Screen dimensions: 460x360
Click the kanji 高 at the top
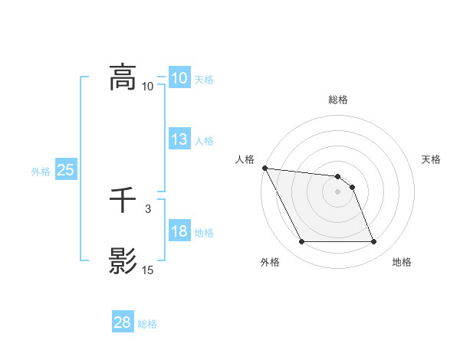click(123, 77)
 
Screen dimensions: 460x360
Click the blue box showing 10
click(179, 78)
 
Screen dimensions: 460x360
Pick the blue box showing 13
click(179, 139)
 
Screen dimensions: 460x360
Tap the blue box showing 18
click(179, 231)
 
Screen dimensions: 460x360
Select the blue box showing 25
click(65, 170)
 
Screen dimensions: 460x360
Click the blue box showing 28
click(123, 322)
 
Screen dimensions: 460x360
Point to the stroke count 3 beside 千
click(147, 208)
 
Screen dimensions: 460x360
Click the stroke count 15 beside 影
click(147, 270)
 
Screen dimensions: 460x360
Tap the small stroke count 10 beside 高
click(147, 87)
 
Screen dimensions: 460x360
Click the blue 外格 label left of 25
click(41, 172)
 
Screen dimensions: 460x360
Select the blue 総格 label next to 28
click(147, 324)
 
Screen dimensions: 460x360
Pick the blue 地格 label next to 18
click(204, 233)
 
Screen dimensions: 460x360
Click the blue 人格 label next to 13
click(204, 141)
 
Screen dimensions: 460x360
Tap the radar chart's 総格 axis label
click(338, 100)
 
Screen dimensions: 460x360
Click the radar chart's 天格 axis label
click(432, 159)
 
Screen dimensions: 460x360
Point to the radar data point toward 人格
click(264, 168)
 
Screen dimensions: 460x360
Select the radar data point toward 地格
click(373, 242)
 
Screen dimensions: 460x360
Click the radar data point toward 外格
click(301, 242)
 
